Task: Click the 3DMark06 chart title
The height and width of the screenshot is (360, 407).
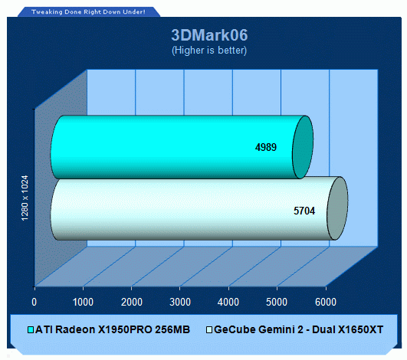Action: tap(209, 35)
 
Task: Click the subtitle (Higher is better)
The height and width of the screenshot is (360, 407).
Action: tap(209, 50)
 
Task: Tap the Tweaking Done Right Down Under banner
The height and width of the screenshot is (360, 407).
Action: tap(88, 12)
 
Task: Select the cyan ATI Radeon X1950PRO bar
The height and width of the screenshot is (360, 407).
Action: tap(182, 147)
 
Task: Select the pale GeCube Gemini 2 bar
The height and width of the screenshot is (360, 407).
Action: tap(199, 208)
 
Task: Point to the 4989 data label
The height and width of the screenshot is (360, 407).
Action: tap(266, 147)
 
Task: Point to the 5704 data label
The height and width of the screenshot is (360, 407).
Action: tap(304, 211)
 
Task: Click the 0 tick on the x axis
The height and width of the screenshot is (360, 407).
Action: tap(34, 302)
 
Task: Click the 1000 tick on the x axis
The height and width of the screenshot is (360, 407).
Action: tap(83, 302)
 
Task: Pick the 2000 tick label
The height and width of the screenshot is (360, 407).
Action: tap(132, 302)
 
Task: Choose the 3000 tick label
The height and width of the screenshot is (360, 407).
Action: tap(180, 302)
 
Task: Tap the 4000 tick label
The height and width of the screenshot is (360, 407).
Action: tap(228, 302)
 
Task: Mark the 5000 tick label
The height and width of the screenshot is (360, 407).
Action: tap(277, 302)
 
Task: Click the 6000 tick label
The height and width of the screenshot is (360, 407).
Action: tap(326, 302)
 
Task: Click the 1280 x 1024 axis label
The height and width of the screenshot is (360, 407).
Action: tap(25, 198)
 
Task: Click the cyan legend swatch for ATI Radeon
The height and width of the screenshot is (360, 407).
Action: tap(31, 330)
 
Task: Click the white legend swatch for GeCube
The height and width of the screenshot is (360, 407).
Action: tap(209, 330)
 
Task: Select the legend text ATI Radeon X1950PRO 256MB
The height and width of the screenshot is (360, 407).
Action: tap(113, 329)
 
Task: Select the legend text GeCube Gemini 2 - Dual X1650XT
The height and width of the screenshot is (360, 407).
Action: tap(298, 329)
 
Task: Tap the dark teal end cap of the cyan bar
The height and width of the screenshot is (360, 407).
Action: tap(303, 147)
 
